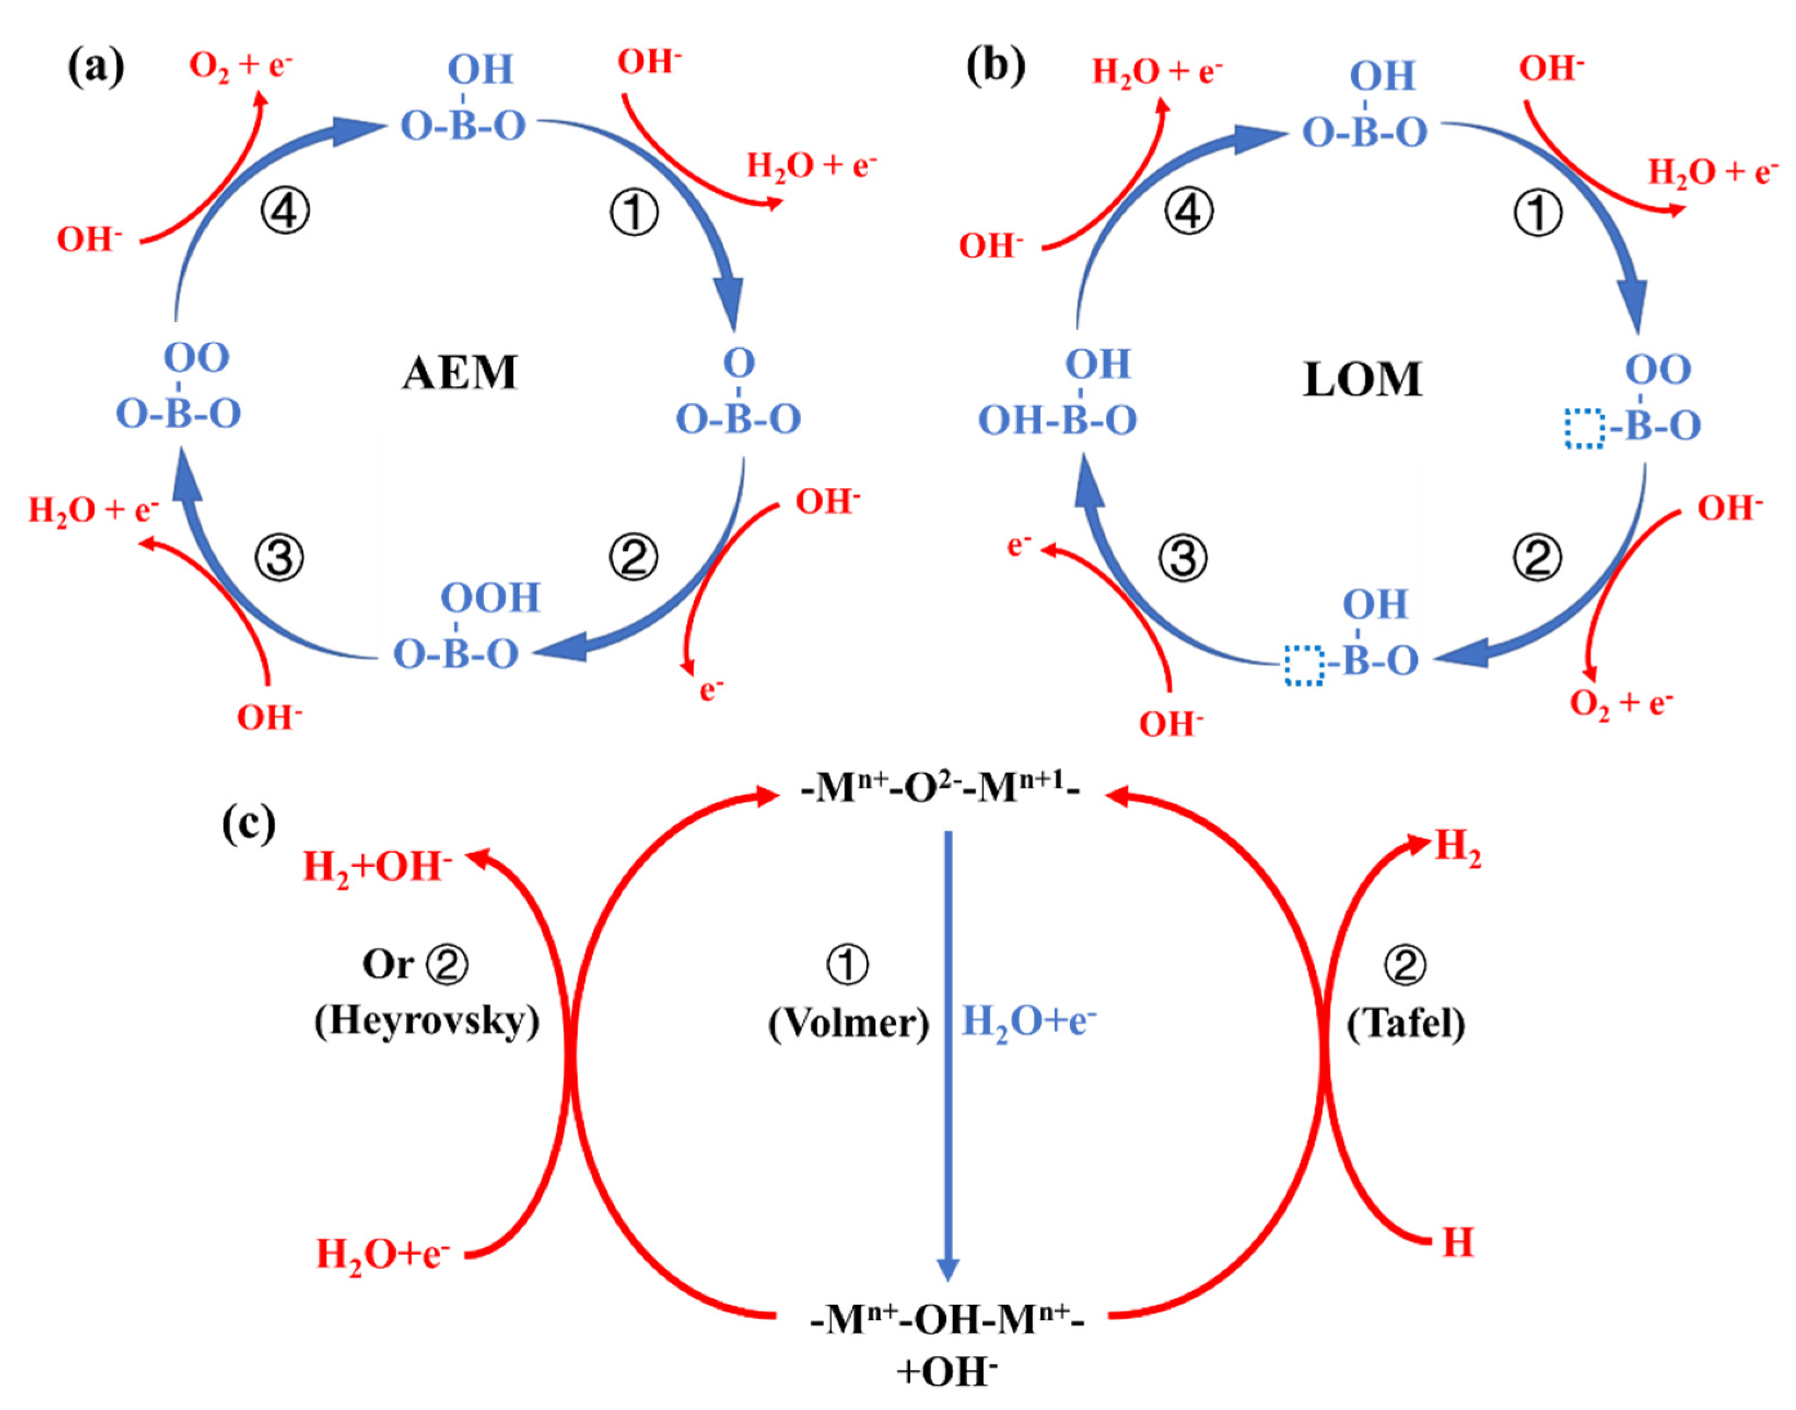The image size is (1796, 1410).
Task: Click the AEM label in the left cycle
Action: click(x=459, y=373)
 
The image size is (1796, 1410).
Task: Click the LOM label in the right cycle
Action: click(x=1362, y=379)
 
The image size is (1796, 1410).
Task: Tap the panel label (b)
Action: click(x=995, y=66)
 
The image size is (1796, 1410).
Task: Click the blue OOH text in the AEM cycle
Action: click(x=490, y=598)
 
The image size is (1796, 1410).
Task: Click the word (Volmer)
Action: click(x=848, y=1024)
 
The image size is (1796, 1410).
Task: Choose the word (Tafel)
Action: click(x=1405, y=1024)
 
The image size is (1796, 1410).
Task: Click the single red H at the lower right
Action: click(x=1458, y=1242)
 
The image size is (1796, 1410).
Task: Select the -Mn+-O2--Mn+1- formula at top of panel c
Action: click(x=940, y=789)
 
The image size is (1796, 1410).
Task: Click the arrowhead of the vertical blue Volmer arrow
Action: click(x=948, y=1270)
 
